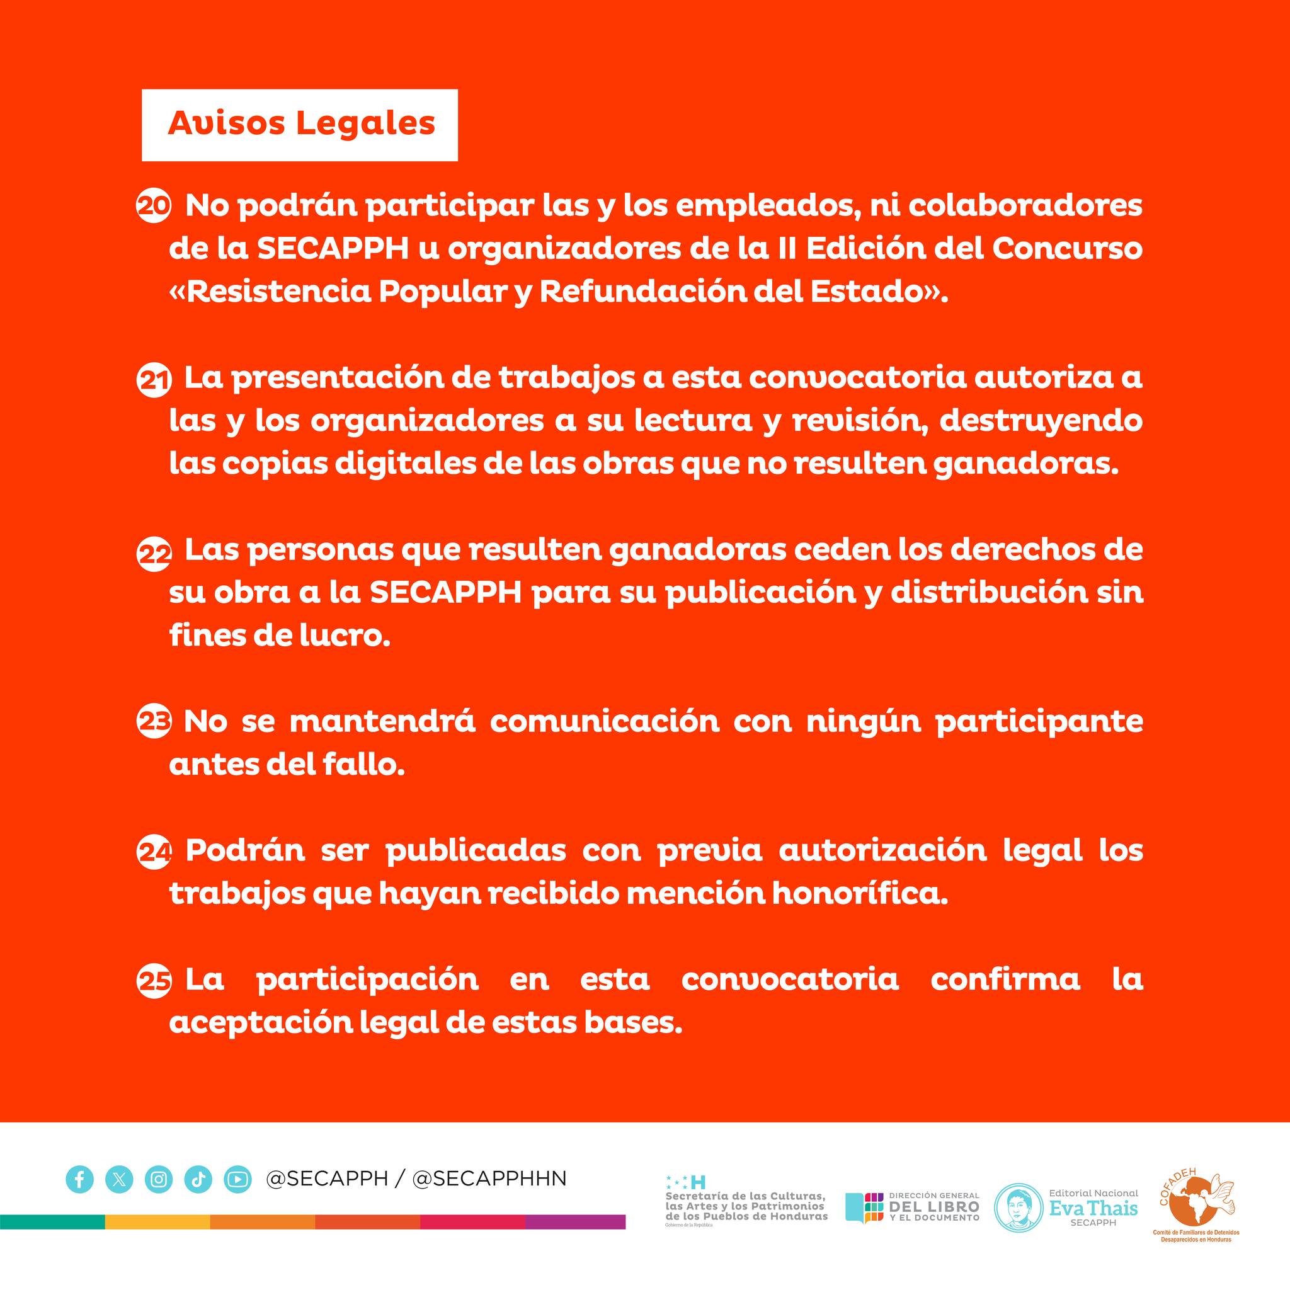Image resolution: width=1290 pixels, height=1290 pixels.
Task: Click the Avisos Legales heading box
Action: tap(299, 125)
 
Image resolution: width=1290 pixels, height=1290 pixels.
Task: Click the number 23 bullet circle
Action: tap(154, 724)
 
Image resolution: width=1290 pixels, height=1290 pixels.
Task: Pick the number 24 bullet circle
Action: tap(154, 853)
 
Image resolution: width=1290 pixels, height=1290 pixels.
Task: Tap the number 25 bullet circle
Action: tap(154, 981)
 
